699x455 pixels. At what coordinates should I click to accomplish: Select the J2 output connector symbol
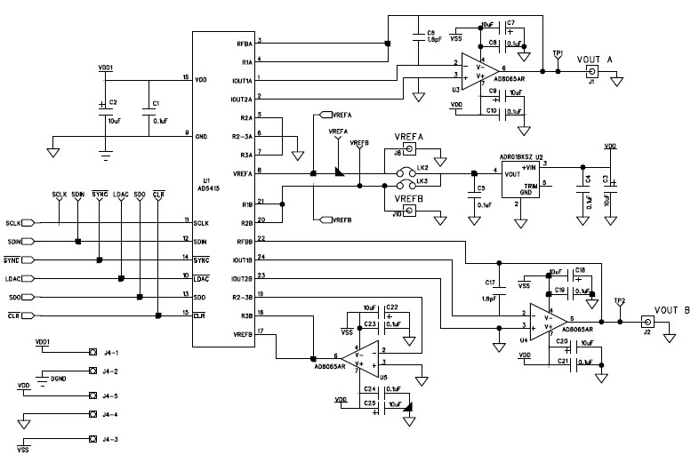pyautogui.click(x=647, y=322)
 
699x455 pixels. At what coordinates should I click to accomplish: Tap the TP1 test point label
pyautogui.click(x=558, y=52)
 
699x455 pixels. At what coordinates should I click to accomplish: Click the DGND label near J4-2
pyautogui.click(x=58, y=378)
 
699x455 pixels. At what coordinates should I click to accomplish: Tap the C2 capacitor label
pyautogui.click(x=112, y=103)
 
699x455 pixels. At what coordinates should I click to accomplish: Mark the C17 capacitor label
pyautogui.click(x=489, y=283)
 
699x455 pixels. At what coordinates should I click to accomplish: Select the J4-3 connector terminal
pyautogui.click(x=92, y=439)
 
